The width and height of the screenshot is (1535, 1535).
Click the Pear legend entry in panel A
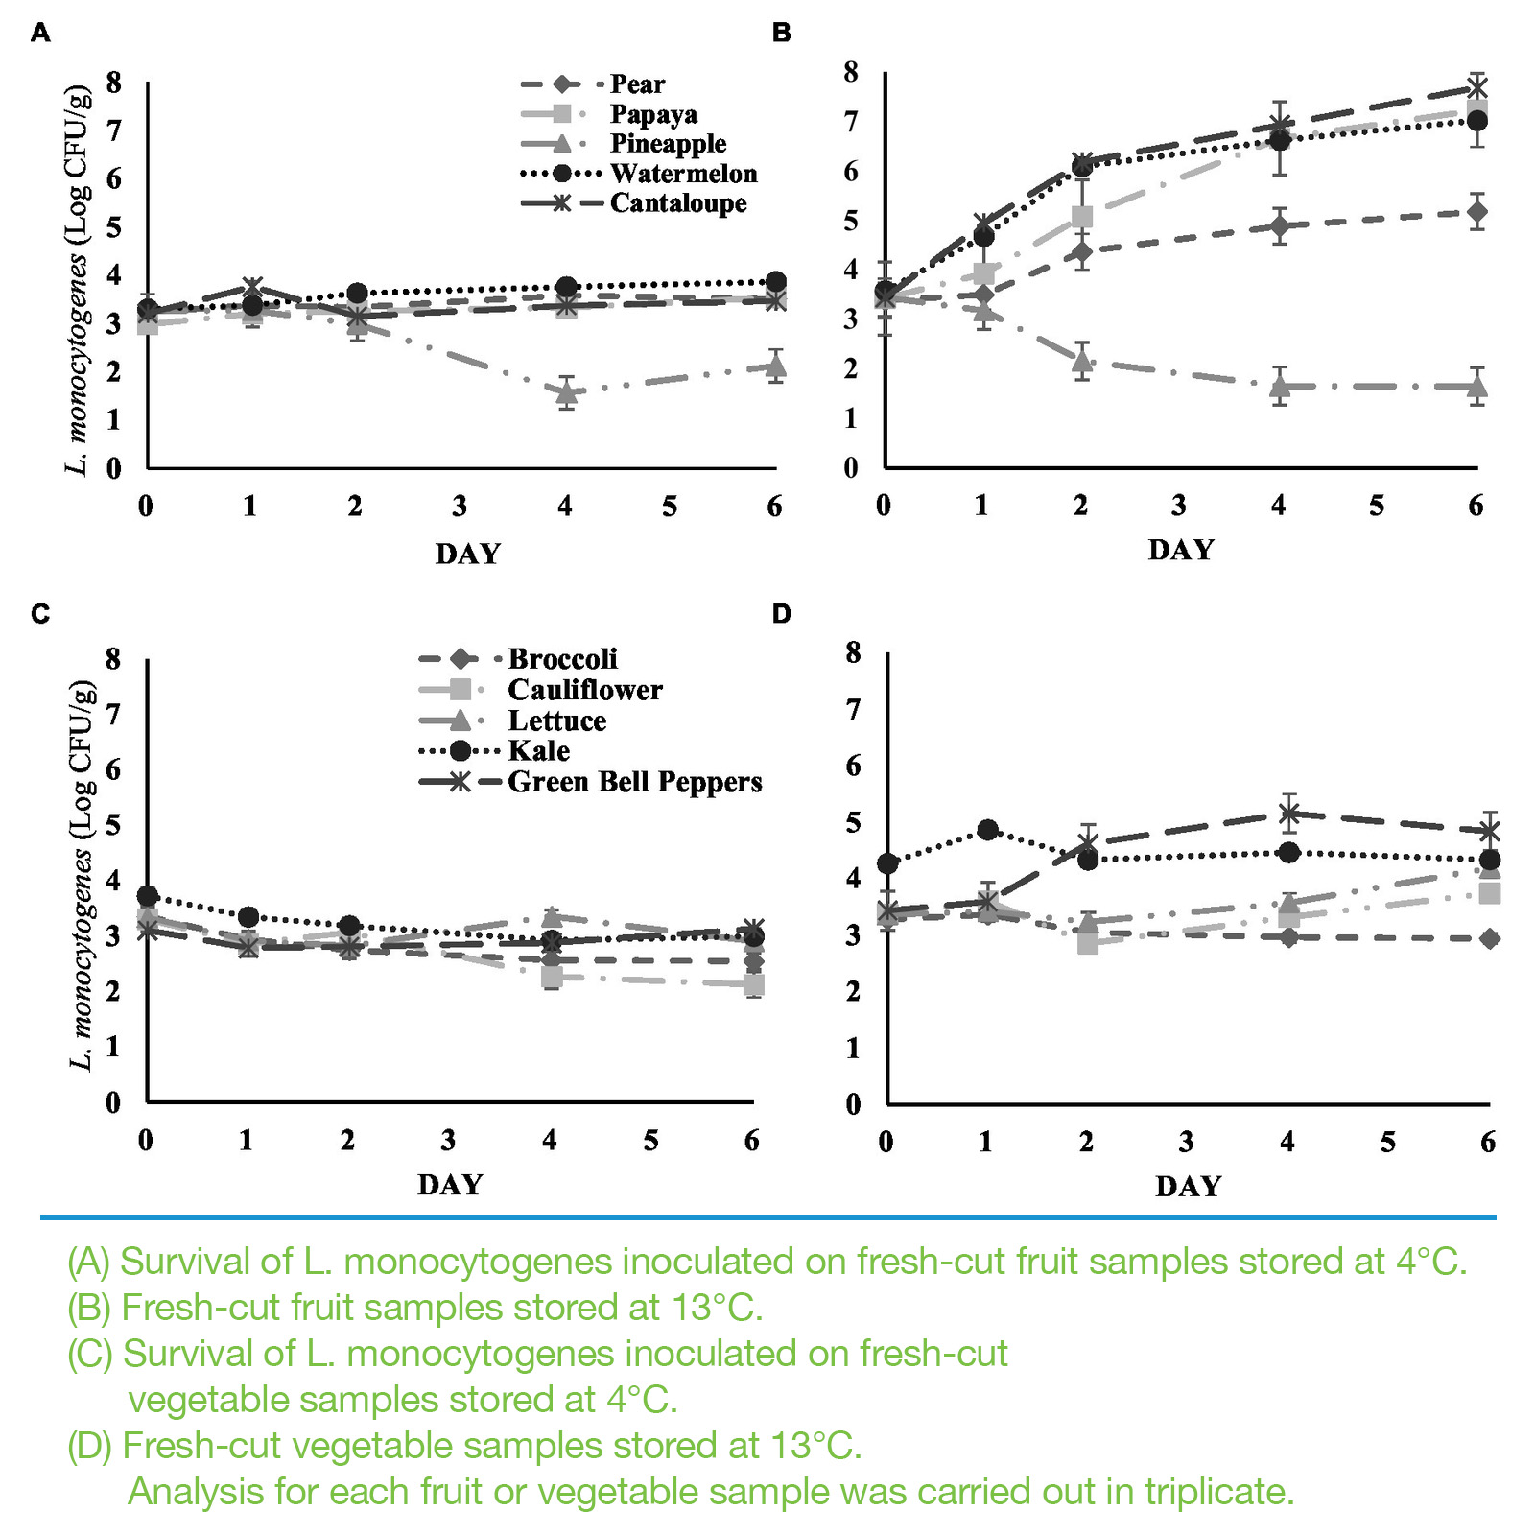coord(637,84)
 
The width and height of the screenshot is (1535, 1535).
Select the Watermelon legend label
coord(683,174)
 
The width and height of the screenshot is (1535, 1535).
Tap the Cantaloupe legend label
coord(677,203)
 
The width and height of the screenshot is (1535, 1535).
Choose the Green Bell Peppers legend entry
coord(634,782)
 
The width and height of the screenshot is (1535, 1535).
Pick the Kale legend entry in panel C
coord(538,751)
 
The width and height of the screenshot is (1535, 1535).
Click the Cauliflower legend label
coord(584,690)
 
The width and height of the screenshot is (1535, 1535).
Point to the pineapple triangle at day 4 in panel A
coord(567,392)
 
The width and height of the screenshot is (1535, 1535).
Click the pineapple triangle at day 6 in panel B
coord(1477,387)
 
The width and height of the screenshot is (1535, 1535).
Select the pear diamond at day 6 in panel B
coord(1477,211)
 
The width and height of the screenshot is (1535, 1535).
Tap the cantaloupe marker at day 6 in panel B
coord(1477,89)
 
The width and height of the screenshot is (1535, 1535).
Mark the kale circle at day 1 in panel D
coord(987,830)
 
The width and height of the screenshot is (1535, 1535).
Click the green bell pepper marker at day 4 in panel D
coord(1289,814)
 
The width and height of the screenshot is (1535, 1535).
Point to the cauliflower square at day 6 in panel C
coord(754,985)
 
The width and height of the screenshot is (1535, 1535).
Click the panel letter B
coord(781,34)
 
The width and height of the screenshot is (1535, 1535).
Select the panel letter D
coord(781,614)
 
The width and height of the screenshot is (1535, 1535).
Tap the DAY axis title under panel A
coord(468,555)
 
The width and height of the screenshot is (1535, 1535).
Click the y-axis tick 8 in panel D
coord(853,652)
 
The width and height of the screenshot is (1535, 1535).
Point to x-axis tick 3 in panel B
coord(1178,506)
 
